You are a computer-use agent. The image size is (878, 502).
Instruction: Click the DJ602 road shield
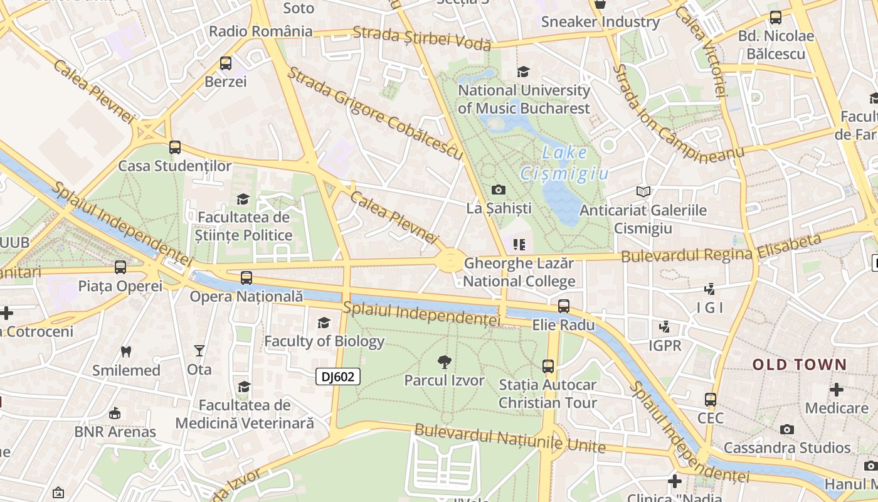(x=338, y=376)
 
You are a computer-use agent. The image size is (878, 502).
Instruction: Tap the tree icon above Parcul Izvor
(x=445, y=361)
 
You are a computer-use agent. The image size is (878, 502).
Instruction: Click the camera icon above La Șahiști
(x=499, y=190)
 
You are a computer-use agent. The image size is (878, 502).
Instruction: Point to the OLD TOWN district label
(x=800, y=365)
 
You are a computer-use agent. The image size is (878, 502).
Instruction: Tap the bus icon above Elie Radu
(x=564, y=306)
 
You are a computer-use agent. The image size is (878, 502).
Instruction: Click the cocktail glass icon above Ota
(x=199, y=351)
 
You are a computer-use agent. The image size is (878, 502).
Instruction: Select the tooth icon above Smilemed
(x=126, y=351)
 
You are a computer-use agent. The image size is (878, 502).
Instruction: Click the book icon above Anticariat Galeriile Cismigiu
(x=643, y=191)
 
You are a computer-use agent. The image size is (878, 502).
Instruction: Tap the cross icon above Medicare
(x=836, y=390)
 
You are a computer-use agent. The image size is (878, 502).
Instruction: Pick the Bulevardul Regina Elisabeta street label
(x=721, y=249)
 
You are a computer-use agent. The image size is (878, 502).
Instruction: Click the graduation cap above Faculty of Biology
(x=324, y=323)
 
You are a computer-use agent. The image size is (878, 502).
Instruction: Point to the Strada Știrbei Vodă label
(x=421, y=38)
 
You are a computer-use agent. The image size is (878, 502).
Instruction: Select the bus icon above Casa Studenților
(x=175, y=147)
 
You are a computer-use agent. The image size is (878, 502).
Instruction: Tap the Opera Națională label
(x=246, y=296)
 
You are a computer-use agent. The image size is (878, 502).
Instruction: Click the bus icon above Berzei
(x=226, y=63)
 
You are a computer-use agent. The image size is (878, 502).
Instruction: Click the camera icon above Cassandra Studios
(x=787, y=430)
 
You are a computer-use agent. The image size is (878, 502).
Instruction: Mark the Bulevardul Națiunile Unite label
(x=509, y=439)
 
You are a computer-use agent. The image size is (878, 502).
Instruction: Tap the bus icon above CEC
(x=711, y=399)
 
